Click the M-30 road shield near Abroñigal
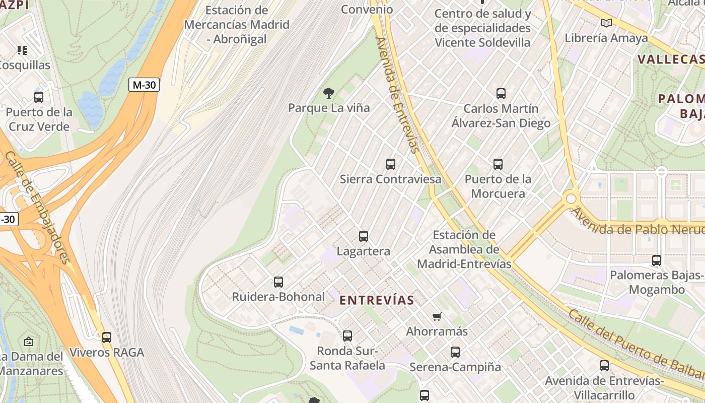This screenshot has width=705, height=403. (144, 85)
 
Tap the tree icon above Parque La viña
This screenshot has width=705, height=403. (329, 93)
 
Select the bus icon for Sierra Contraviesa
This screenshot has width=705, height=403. (390, 164)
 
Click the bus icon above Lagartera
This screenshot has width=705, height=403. (363, 236)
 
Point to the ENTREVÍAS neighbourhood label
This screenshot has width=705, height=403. (377, 300)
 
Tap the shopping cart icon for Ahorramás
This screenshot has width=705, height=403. (437, 316)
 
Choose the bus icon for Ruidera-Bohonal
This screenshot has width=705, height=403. (278, 282)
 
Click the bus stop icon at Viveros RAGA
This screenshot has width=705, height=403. (106, 337)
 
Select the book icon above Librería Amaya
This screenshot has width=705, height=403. (606, 23)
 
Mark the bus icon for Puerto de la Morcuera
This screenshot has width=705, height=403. (498, 164)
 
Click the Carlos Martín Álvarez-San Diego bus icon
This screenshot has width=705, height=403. (501, 93)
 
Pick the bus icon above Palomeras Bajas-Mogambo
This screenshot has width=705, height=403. (656, 260)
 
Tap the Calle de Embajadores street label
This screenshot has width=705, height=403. (38, 207)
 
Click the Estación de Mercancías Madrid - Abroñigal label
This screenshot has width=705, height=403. (237, 24)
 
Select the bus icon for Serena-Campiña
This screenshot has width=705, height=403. (455, 352)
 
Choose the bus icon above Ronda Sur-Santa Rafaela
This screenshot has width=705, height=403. (347, 335)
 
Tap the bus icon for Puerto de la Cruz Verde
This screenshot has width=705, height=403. (39, 97)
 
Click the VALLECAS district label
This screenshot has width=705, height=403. (670, 59)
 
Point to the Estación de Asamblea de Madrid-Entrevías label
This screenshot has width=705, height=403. (464, 249)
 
